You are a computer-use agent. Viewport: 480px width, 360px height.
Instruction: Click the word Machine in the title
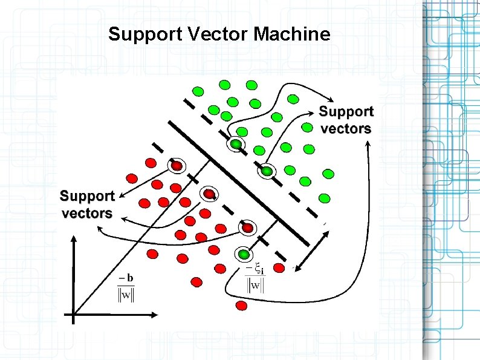click(293, 34)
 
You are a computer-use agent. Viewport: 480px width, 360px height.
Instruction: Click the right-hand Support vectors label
click(346, 120)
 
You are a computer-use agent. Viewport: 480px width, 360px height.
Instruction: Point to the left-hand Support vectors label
click(87, 204)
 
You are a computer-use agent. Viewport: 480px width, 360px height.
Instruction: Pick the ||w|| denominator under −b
click(126, 295)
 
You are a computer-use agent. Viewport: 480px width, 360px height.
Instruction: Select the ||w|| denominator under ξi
click(255, 284)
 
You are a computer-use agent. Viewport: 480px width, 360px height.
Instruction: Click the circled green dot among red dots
click(243, 254)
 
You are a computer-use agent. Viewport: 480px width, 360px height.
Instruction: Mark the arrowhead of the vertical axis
click(73, 240)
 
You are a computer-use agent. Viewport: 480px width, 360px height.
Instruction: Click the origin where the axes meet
click(73, 315)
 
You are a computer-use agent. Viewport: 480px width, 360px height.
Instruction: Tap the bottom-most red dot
click(242, 306)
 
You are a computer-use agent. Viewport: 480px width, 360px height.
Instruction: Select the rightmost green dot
click(328, 174)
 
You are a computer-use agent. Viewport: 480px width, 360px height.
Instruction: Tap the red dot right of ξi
click(279, 267)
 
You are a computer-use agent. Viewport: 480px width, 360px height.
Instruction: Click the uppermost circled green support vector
click(235, 144)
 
